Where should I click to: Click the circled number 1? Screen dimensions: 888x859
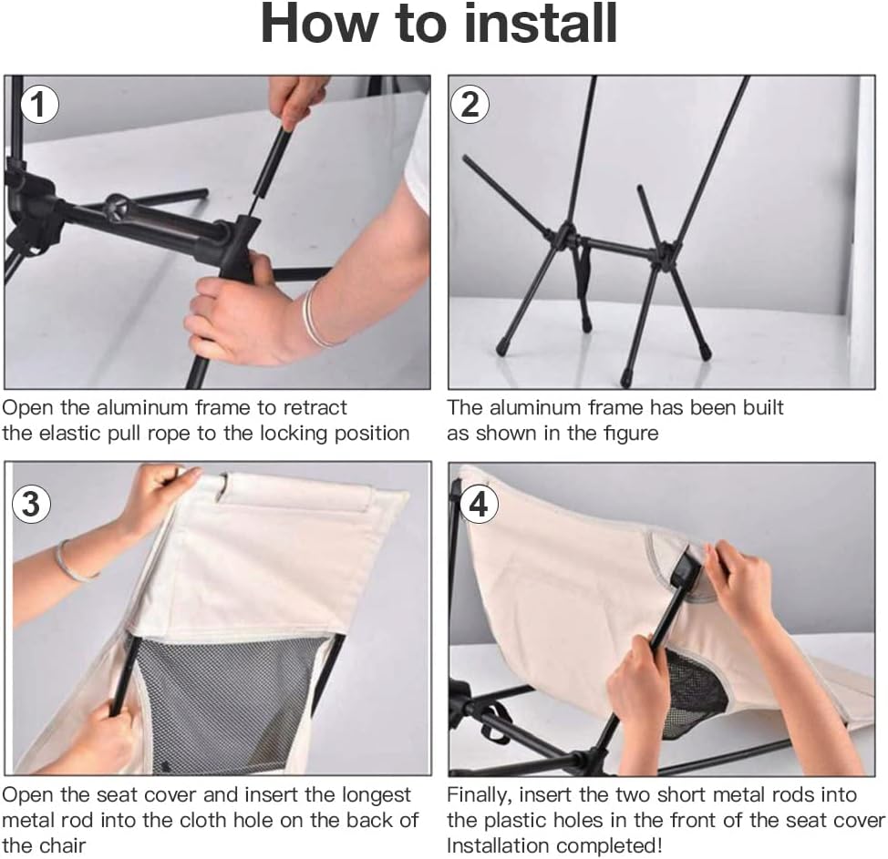(38, 104)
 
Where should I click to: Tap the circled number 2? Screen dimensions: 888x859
(470, 104)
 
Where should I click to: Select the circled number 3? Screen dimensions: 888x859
(32, 503)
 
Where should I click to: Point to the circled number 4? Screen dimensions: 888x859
(479, 503)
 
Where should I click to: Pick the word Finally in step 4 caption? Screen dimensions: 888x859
(480, 795)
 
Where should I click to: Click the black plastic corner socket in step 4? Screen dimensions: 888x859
(690, 571)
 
